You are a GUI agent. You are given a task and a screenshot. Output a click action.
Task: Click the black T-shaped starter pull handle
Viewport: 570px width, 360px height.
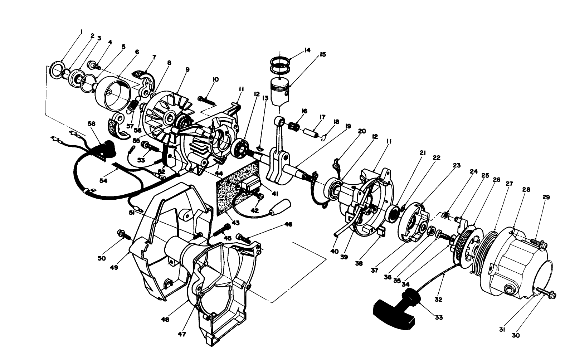click(392, 313)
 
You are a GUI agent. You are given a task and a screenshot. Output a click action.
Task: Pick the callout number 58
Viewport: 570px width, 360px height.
click(92, 123)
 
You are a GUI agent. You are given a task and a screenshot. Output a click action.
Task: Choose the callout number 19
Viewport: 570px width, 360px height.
click(348, 126)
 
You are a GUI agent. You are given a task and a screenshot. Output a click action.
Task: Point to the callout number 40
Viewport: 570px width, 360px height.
click(334, 252)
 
